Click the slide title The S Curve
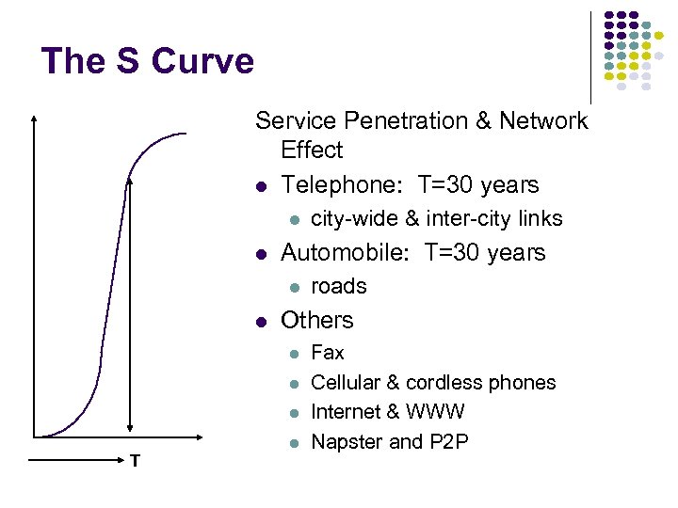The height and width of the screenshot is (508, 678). pyautogui.click(x=148, y=61)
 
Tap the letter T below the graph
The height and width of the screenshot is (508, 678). pyautogui.click(x=137, y=460)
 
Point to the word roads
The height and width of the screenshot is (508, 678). pyautogui.click(x=338, y=286)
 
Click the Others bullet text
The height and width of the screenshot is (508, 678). pyautogui.click(x=317, y=320)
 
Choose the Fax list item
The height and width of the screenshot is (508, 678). pyautogui.click(x=328, y=353)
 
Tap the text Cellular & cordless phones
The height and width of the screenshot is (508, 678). pyautogui.click(x=433, y=383)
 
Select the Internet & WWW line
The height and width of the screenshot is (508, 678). pyautogui.click(x=387, y=412)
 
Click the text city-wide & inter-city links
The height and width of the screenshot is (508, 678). pyautogui.click(x=436, y=218)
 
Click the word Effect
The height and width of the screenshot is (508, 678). pyautogui.click(x=312, y=151)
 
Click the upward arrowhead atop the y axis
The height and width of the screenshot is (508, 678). pyautogui.click(x=35, y=119)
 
